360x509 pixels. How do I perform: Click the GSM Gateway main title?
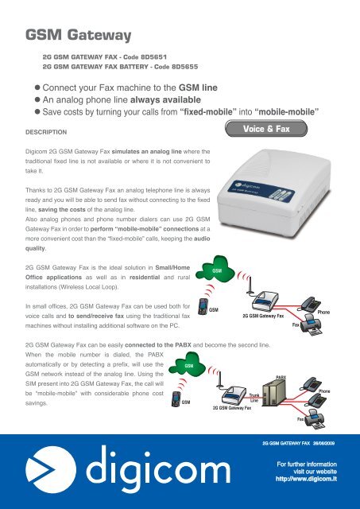[x=78, y=35]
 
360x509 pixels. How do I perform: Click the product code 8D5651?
[x=153, y=56]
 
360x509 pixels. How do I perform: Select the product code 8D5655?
[x=184, y=67]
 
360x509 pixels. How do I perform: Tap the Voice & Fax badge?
[x=266, y=129]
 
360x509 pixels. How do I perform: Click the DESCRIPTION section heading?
[x=46, y=132]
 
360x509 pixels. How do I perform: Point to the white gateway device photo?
[x=274, y=191]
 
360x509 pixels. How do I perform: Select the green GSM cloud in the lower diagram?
[x=187, y=364]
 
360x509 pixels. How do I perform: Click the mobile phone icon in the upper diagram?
[x=203, y=306]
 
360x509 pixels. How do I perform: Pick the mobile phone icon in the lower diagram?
[x=176, y=399]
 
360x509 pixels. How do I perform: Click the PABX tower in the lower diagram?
[x=273, y=392]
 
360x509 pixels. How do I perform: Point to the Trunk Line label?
[x=254, y=398]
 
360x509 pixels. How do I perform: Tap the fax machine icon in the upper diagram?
[x=311, y=325]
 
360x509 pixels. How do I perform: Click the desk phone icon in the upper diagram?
[x=310, y=304]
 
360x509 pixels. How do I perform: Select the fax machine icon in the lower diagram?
[x=315, y=419]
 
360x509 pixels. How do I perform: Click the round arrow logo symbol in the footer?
[x=51, y=470]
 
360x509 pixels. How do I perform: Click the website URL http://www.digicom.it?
[x=306, y=479]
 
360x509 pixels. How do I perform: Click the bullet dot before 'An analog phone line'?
[x=37, y=99]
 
